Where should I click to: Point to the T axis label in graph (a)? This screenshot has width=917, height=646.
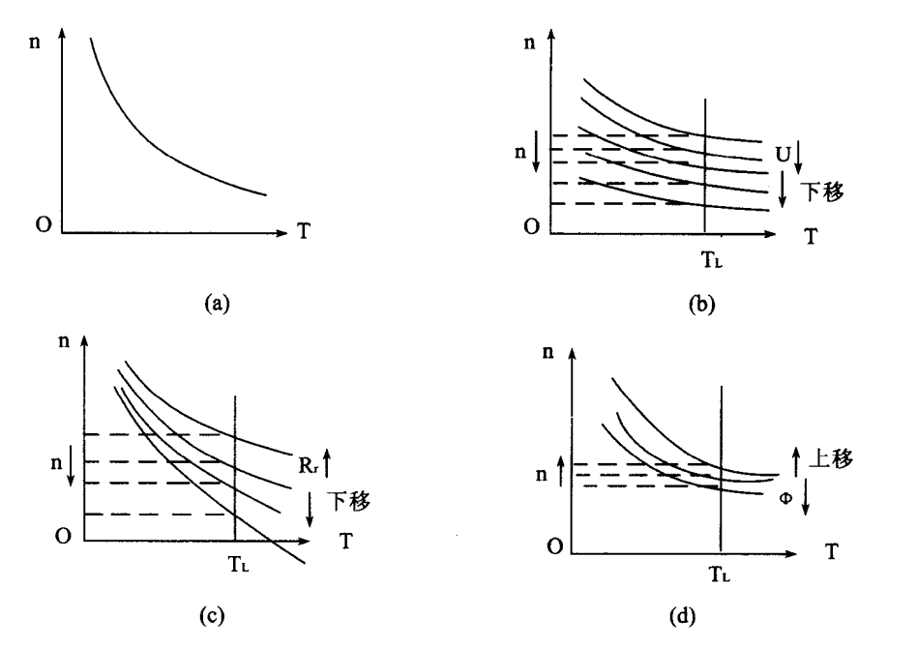click(305, 232)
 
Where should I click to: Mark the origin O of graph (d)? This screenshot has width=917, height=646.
click(553, 546)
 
